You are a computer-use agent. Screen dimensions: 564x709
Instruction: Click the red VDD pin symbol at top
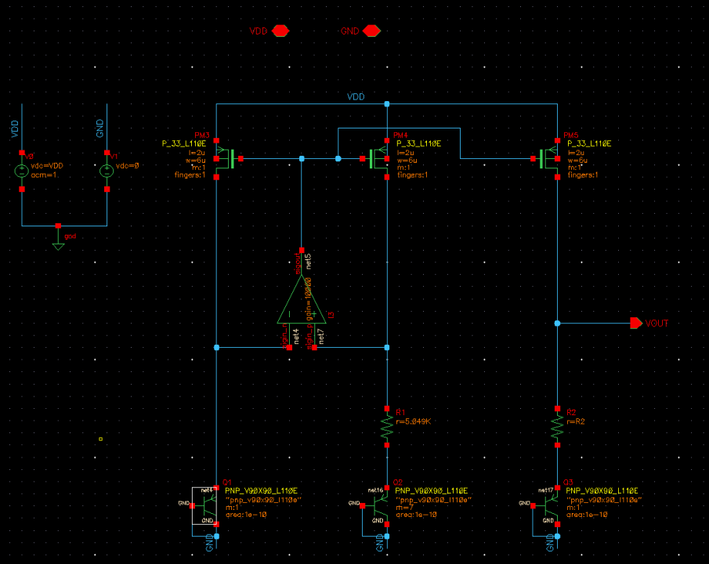[x=280, y=31]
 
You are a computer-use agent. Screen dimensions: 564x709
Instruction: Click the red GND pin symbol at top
[x=371, y=31]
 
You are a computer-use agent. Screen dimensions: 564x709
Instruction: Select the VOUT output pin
[x=635, y=323]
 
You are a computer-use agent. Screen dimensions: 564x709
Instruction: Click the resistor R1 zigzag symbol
[x=387, y=426]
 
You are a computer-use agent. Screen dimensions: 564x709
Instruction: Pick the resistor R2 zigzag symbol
[x=557, y=427]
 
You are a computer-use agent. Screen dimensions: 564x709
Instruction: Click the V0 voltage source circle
[x=22, y=171]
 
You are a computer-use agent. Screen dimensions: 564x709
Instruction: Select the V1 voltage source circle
[x=107, y=171]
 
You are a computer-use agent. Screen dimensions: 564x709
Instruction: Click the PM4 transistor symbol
[x=379, y=159]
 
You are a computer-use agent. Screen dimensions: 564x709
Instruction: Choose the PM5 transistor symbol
[x=549, y=159]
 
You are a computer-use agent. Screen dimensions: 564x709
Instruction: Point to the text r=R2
[x=577, y=421]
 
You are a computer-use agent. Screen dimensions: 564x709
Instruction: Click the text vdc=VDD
[x=46, y=166]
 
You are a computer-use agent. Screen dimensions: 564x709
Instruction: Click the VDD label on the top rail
[x=356, y=97]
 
